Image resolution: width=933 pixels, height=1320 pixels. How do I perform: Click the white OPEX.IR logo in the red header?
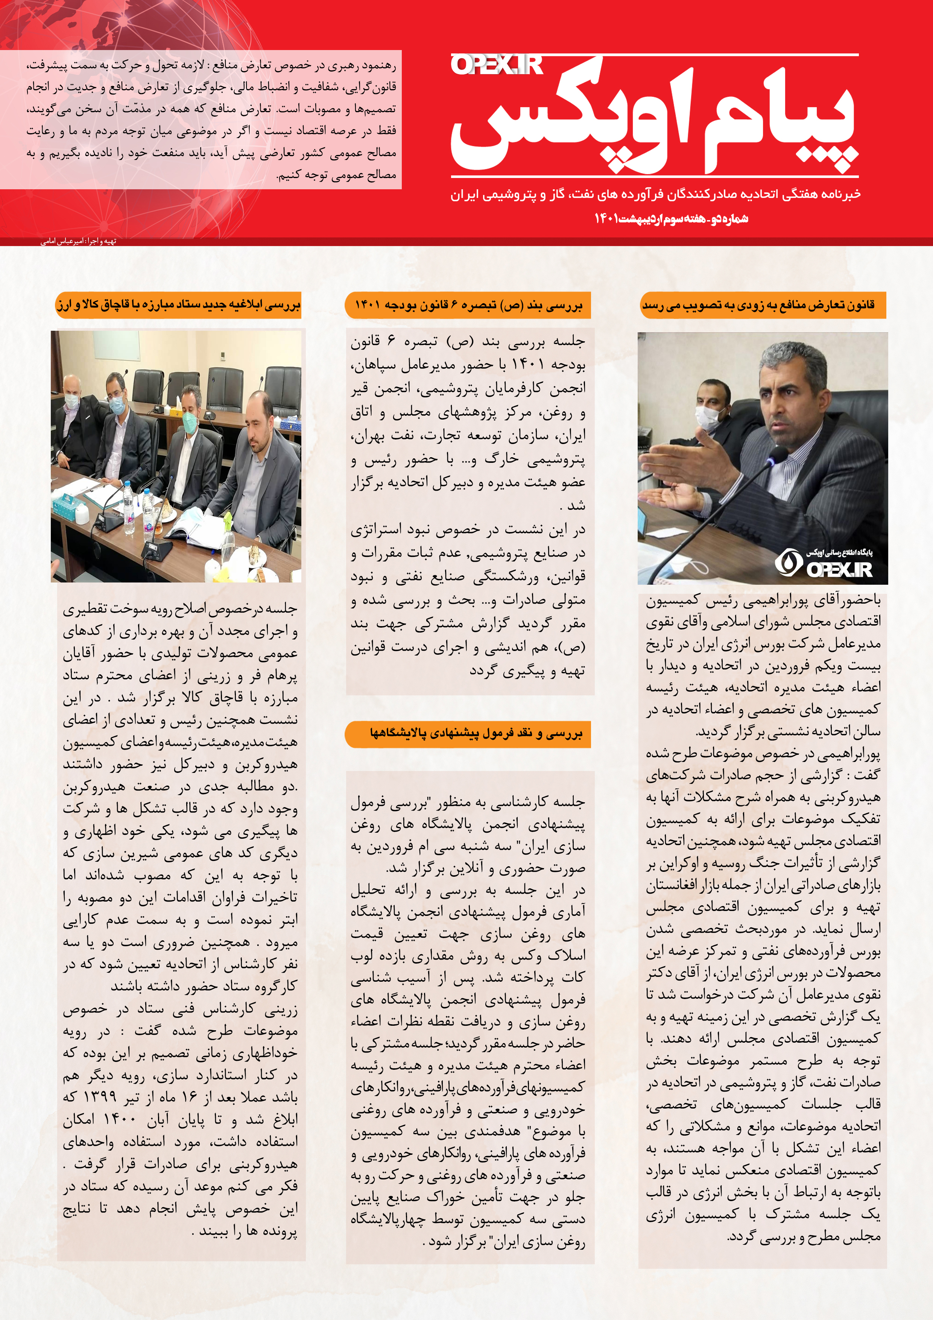tap(497, 65)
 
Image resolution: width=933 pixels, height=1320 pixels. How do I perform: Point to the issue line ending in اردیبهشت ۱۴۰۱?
tap(671, 219)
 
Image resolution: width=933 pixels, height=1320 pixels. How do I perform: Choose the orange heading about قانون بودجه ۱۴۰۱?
tap(468, 305)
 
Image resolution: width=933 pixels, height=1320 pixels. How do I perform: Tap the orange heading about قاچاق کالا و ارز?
tap(178, 305)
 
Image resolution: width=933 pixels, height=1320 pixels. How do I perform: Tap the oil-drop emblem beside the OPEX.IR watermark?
tap(785, 562)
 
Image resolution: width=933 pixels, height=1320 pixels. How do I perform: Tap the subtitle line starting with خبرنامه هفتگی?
tap(655, 194)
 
